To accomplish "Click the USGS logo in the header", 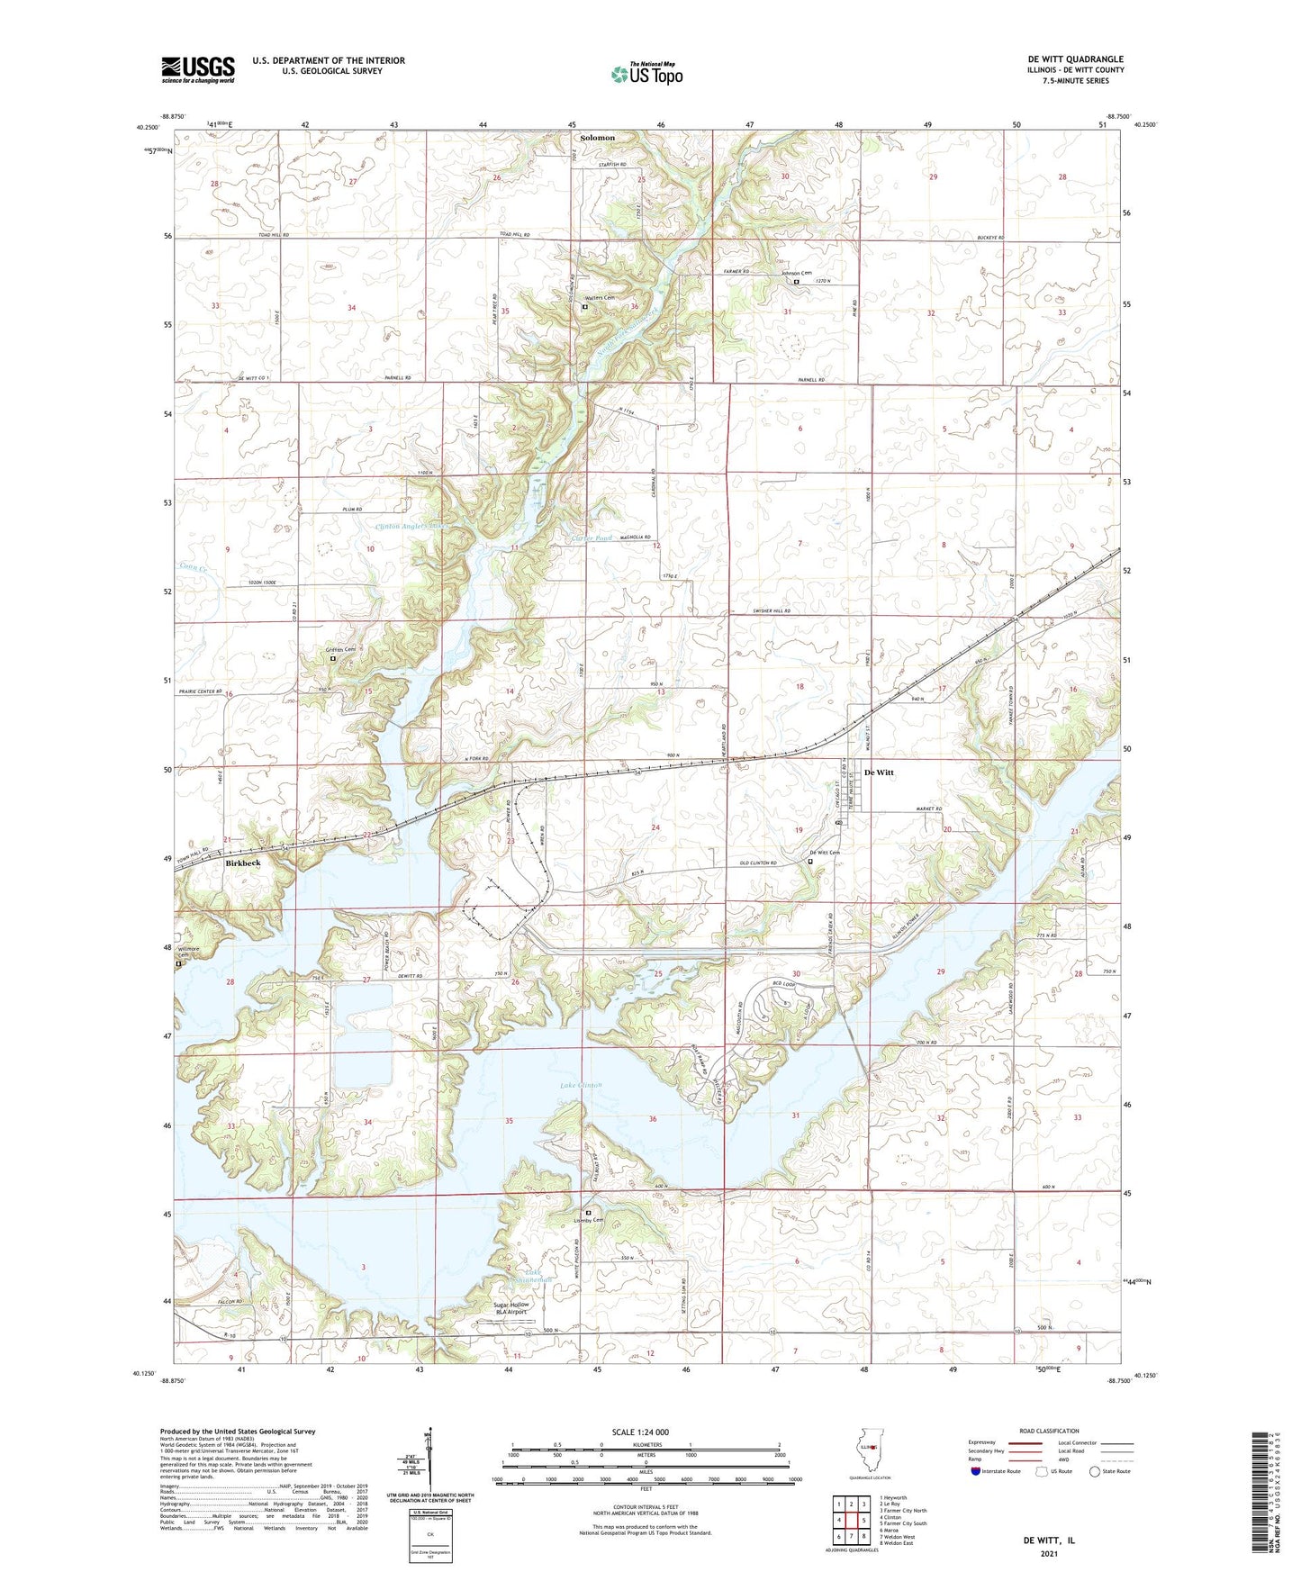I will [197, 69].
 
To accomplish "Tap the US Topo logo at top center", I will [646, 74].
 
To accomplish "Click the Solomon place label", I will [598, 138].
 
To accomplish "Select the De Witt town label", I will [879, 772].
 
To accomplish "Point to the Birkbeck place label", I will [242, 863].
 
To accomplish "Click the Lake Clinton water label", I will [581, 1085].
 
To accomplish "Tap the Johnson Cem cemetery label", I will [796, 274].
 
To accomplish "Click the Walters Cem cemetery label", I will [600, 299].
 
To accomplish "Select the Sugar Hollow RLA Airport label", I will [510, 1308].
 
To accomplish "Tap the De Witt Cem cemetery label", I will [823, 853].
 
